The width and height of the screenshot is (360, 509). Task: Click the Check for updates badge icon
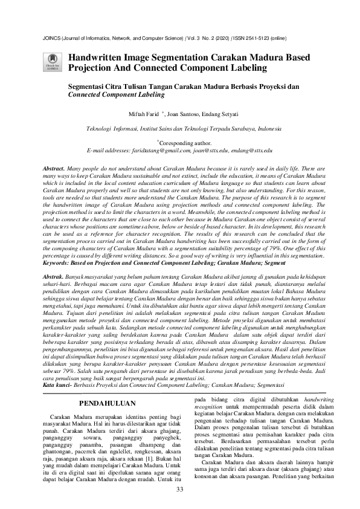53,60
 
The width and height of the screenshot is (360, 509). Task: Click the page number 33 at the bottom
179,488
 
